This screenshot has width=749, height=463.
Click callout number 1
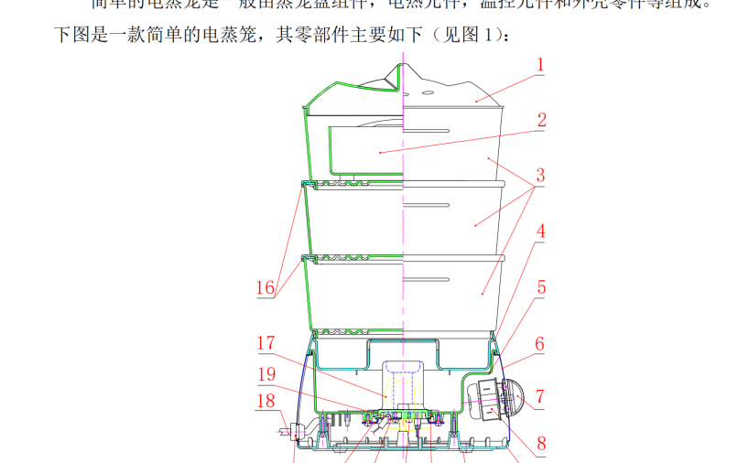point(540,65)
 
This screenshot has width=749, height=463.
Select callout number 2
point(541,120)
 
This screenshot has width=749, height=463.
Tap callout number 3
point(540,175)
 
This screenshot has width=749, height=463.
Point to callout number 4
point(540,232)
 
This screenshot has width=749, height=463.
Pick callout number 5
point(540,287)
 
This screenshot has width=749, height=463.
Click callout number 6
point(540,344)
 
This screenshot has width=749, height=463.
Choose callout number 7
point(540,397)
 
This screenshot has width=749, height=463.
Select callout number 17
point(266,344)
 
